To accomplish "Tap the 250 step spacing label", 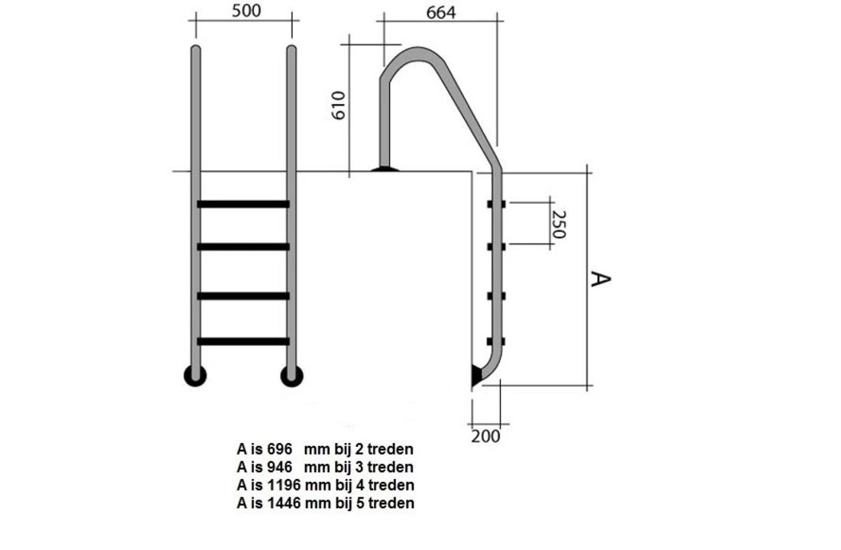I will point(559,225).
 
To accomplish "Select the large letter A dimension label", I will point(601,279).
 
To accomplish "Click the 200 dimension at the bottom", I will point(485,436).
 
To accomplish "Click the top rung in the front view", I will point(243,204).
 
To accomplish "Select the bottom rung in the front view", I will point(243,341).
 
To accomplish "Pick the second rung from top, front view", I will point(243,247).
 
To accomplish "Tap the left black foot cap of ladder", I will point(195,375).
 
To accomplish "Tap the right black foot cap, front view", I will point(291,375).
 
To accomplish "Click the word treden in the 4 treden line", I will point(391,485).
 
